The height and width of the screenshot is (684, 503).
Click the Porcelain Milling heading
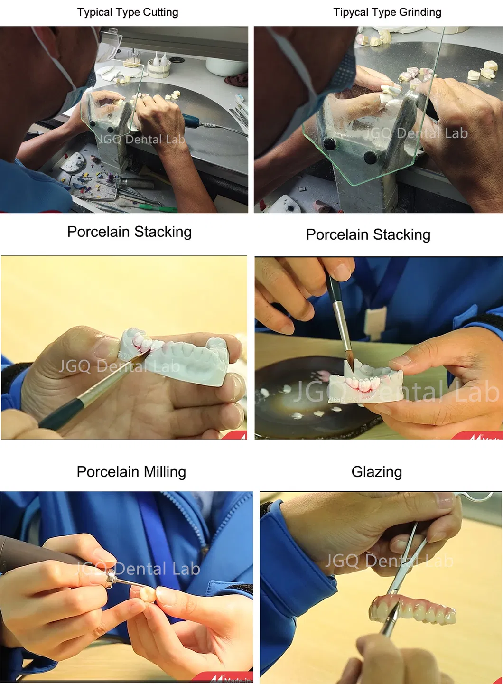coord(131,471)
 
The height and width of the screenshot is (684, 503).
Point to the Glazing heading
coord(376,471)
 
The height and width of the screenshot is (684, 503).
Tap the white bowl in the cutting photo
coord(219,66)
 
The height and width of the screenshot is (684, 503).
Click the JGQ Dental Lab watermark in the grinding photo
coord(416,133)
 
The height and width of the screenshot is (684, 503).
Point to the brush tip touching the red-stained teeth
coord(144,352)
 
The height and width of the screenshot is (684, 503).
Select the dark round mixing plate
coord(304,394)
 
